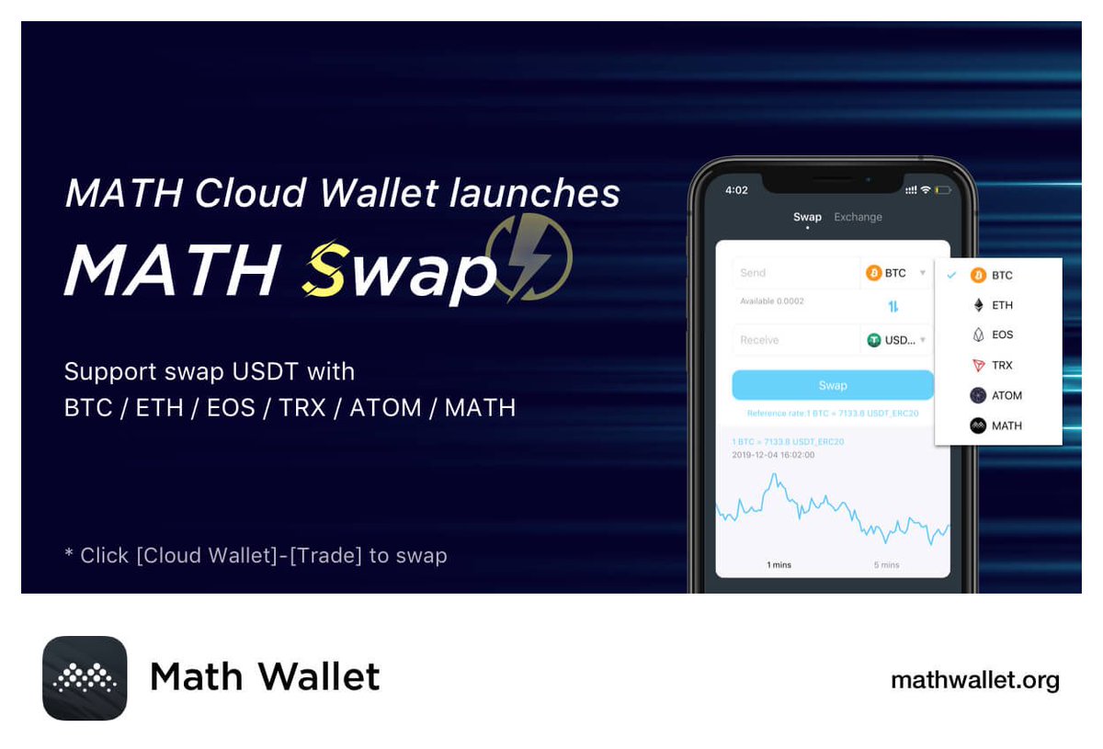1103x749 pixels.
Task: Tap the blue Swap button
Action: point(833,385)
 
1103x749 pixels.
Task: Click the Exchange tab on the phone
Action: point(858,217)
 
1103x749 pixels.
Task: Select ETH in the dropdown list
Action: point(1001,305)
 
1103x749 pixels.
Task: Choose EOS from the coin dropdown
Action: point(1001,335)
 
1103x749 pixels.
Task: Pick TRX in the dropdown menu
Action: point(1001,366)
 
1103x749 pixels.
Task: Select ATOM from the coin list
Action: point(1006,396)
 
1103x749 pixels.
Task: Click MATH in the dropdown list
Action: point(1006,426)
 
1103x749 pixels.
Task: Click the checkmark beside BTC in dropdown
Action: point(951,275)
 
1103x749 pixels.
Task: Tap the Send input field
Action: point(795,273)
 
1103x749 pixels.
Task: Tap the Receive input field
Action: point(795,340)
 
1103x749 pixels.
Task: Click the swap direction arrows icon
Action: point(893,306)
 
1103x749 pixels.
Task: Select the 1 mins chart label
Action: point(779,564)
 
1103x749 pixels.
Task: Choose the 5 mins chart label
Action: point(886,564)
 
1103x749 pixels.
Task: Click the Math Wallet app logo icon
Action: point(85,678)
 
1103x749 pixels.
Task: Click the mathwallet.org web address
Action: point(974,680)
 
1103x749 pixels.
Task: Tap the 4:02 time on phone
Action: point(736,190)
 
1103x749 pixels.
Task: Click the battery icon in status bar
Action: point(942,190)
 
